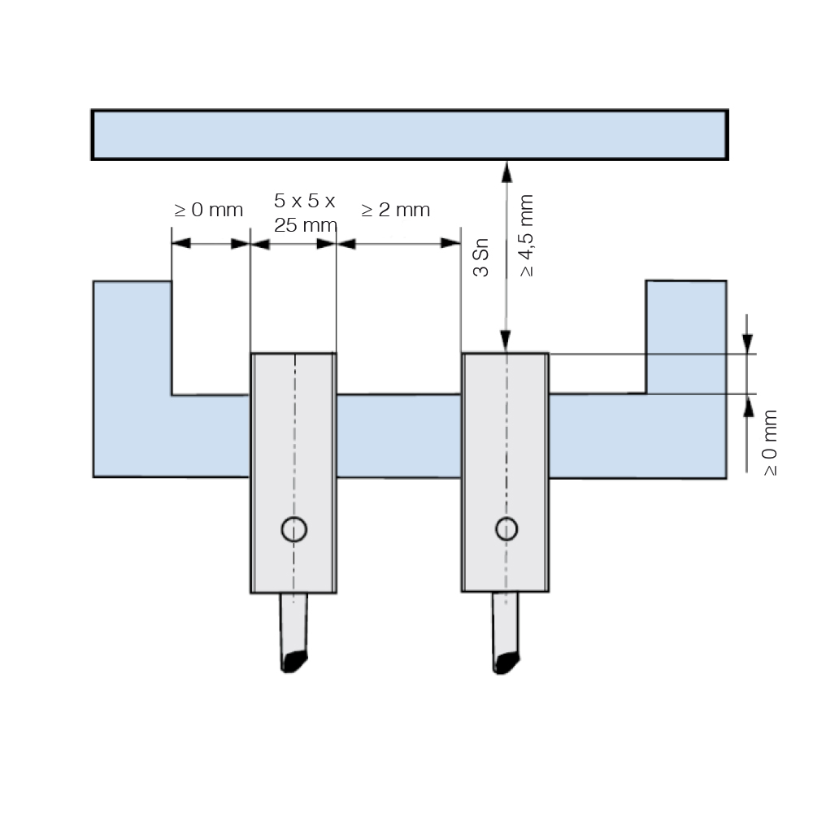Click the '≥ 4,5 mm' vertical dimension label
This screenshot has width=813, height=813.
[x=526, y=236]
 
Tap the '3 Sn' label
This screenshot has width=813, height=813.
[x=481, y=258]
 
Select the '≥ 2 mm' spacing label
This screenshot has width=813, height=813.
[x=396, y=210]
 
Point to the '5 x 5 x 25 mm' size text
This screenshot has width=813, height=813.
[x=306, y=212]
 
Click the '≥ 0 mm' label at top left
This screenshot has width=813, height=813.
[x=208, y=210]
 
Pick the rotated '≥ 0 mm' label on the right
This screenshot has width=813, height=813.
[x=770, y=442]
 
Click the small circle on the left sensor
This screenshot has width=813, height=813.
[x=294, y=529]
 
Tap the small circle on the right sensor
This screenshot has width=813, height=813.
[x=506, y=529]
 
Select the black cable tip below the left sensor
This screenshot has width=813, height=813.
[x=294, y=661]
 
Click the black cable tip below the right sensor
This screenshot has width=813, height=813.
[x=506, y=663]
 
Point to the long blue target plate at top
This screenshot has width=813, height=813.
[x=410, y=135]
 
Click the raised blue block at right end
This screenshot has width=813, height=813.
[x=686, y=337]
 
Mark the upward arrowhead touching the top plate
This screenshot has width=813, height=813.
[x=506, y=172]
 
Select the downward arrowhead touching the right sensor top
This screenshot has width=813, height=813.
[x=506, y=341]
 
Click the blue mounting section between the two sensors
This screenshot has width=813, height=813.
[x=398, y=436]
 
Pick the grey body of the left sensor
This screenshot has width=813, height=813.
[x=293, y=472]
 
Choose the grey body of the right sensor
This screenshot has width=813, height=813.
[x=506, y=472]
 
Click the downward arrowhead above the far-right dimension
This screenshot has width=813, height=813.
[x=747, y=344]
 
